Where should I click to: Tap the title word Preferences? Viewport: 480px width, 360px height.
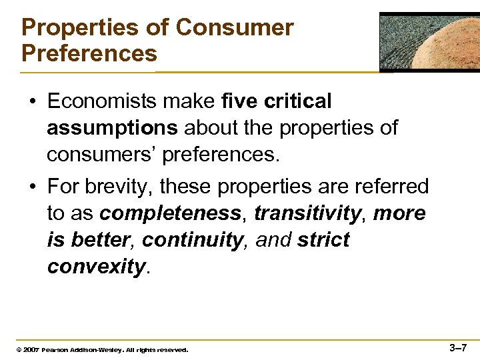point(89,53)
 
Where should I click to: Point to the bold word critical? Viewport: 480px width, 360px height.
point(297,101)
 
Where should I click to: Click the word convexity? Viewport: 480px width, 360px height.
point(96,267)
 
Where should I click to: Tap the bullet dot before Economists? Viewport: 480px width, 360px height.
point(31,102)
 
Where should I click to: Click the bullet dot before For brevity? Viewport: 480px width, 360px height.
point(31,187)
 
